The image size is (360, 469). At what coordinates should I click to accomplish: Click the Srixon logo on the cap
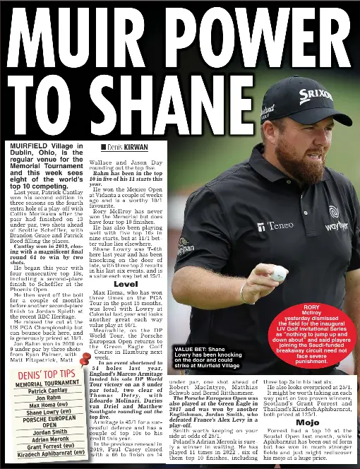point(315,96)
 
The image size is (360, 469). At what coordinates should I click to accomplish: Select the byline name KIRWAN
point(136,147)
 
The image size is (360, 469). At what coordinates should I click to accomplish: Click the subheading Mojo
point(307,422)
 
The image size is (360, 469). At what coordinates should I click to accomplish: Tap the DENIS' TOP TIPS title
point(47,374)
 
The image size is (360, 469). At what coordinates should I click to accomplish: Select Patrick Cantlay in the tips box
point(47,391)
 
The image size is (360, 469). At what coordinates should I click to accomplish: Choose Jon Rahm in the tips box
point(48,398)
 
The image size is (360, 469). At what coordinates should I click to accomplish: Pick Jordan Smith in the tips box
point(50,432)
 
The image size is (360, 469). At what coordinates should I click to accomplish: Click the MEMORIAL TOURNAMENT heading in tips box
point(47,384)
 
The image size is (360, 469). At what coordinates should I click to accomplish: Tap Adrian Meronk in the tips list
point(50,439)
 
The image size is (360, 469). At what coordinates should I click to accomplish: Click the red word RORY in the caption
point(311,307)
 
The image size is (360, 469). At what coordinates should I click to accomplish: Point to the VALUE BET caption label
point(191,350)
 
